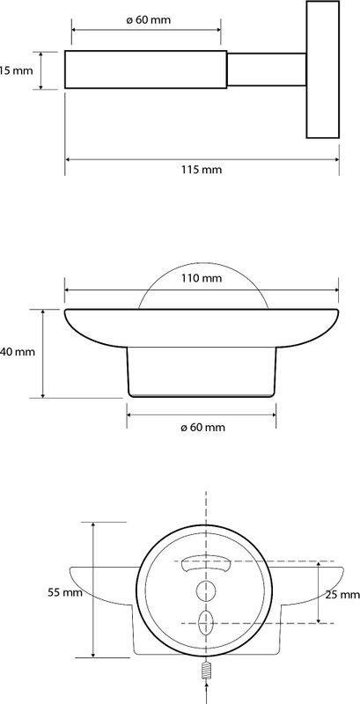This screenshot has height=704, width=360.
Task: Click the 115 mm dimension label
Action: click(x=202, y=170)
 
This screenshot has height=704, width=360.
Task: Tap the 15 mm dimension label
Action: click(x=16, y=70)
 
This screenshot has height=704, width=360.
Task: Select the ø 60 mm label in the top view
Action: click(x=149, y=20)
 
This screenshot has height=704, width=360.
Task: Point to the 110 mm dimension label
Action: click(x=202, y=278)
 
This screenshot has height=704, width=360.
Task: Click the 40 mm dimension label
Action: click(x=18, y=352)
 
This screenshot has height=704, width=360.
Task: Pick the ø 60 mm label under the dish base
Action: click(x=203, y=428)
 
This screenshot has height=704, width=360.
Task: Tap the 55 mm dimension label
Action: click(x=65, y=592)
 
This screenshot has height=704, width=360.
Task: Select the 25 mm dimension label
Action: click(x=342, y=595)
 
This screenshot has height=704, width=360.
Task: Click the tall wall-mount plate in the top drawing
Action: click(x=323, y=70)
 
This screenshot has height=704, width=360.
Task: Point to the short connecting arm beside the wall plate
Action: click(x=267, y=70)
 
